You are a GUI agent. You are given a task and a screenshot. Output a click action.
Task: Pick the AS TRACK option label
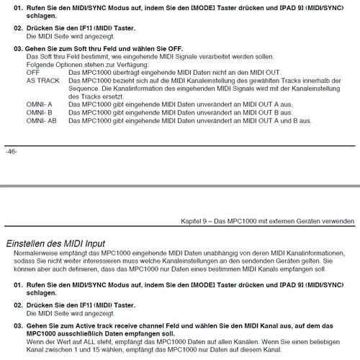(42, 81)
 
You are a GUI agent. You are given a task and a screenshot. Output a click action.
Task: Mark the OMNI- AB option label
(42, 120)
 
